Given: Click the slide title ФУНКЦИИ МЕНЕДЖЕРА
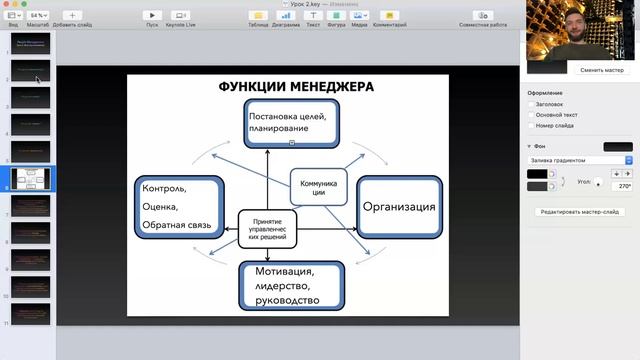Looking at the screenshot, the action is click(x=296, y=87).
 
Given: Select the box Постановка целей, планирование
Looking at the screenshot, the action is click(x=292, y=123).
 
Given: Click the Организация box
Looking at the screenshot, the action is click(x=399, y=207).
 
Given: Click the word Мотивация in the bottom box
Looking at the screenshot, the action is click(x=285, y=271).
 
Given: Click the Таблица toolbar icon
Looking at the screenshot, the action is click(x=257, y=16).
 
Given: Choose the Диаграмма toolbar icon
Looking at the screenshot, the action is click(x=285, y=16).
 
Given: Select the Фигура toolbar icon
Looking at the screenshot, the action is click(x=336, y=16).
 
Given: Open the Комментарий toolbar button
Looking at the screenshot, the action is click(x=390, y=16).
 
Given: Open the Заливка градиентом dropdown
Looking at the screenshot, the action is click(x=580, y=160).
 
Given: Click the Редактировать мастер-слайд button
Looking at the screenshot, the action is click(x=580, y=212).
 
